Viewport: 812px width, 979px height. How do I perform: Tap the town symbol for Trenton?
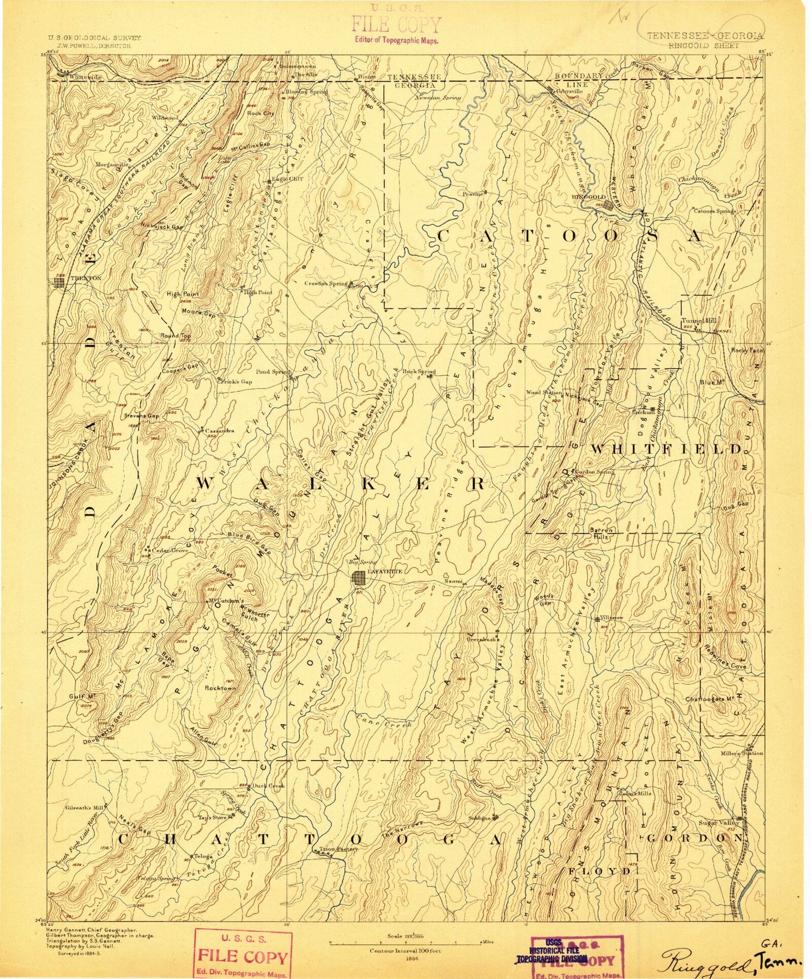click(x=59, y=282)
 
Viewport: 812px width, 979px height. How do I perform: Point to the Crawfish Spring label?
click(x=325, y=283)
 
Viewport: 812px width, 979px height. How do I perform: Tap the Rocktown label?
click(x=220, y=688)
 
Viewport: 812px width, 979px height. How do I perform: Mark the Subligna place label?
click(x=479, y=818)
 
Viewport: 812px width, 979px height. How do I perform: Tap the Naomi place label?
click(x=454, y=581)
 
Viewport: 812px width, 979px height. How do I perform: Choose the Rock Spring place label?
click(x=419, y=371)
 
